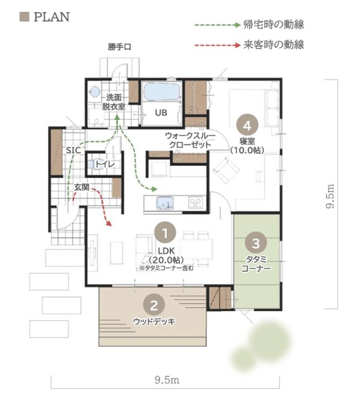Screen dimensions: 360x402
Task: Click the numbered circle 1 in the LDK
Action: pyautogui.click(x=165, y=233)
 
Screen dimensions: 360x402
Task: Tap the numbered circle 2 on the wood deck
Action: pyautogui.click(x=154, y=305)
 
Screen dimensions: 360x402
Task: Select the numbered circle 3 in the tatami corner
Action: pyautogui.click(x=256, y=243)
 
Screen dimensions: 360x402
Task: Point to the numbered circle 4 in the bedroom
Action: pyautogui.click(x=247, y=126)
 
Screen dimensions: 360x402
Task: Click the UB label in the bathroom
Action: pyautogui.click(x=161, y=112)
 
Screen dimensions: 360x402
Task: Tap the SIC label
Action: pyautogui.click(x=74, y=150)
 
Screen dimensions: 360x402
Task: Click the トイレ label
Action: pyautogui.click(x=105, y=164)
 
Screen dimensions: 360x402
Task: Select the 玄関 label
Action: pyautogui.click(x=82, y=187)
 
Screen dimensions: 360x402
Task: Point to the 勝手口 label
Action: pyautogui.click(x=119, y=47)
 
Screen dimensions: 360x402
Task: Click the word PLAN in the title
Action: pyautogui.click(x=52, y=17)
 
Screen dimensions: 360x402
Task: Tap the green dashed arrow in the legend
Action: pyautogui.click(x=218, y=25)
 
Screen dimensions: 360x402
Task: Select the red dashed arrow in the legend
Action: pyautogui.click(x=218, y=46)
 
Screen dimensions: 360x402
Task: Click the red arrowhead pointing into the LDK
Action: pyautogui.click(x=109, y=223)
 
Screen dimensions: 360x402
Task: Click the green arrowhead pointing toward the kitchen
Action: pyautogui.click(x=154, y=189)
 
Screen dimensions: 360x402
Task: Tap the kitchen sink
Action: pyautogui.click(x=164, y=202)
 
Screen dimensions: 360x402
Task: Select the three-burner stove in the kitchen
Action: pyautogui.click(x=196, y=202)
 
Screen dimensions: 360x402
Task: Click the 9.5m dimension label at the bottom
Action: pyautogui.click(x=167, y=379)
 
